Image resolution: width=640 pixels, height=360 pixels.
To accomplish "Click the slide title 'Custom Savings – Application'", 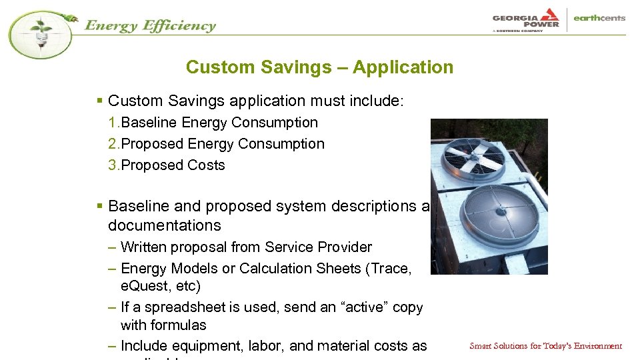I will [x=319, y=67].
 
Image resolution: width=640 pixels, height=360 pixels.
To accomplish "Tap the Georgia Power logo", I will [x=526, y=19].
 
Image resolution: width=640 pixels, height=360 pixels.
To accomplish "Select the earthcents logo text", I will [x=599, y=19].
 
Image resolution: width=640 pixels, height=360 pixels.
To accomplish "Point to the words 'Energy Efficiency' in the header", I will [x=150, y=26].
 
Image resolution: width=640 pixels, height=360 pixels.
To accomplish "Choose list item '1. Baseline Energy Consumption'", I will [x=213, y=123].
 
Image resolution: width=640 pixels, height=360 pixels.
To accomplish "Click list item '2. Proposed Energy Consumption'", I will [x=217, y=144].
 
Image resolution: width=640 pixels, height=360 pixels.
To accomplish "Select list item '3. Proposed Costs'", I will [x=167, y=165].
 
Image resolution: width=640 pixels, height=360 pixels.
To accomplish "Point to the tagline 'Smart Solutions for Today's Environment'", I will [x=545, y=346].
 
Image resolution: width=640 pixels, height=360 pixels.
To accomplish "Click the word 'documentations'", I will [x=164, y=226].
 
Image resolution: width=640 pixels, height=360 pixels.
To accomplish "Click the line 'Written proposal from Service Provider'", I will [x=245, y=247].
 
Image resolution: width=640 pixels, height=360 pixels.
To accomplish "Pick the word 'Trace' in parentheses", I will [x=393, y=269].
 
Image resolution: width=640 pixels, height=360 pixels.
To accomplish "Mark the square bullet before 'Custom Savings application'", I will [x=99, y=101].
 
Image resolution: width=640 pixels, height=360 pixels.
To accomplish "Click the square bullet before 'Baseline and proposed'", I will [x=99, y=207].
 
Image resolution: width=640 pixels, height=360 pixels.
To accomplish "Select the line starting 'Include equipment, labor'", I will [x=273, y=346].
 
